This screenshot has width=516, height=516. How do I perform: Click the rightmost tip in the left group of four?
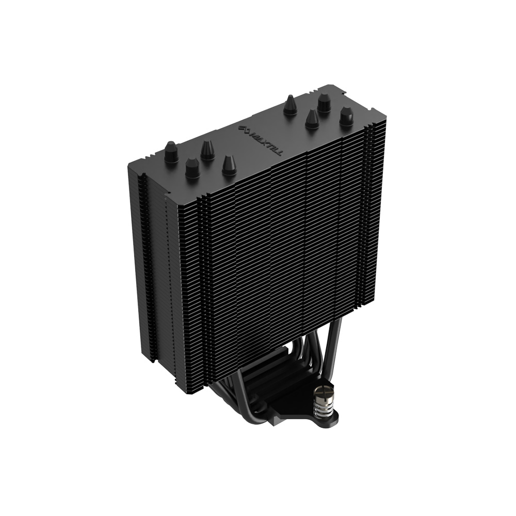229,165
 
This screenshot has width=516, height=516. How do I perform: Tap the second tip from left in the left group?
192,168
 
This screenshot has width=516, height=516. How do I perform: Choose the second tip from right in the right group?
324,102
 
